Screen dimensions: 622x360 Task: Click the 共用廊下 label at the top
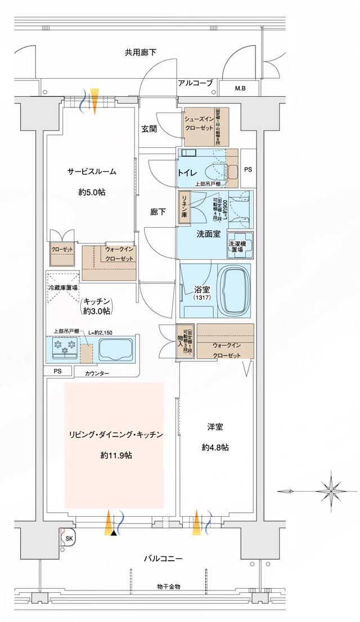[x=141, y=52]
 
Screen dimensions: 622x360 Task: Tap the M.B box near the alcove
[x=240, y=88]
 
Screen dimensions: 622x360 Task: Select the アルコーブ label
[x=195, y=83]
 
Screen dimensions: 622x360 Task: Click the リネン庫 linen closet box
[x=183, y=209]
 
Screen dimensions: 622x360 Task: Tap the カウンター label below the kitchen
[x=97, y=373]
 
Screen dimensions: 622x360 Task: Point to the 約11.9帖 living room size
[x=115, y=455]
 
